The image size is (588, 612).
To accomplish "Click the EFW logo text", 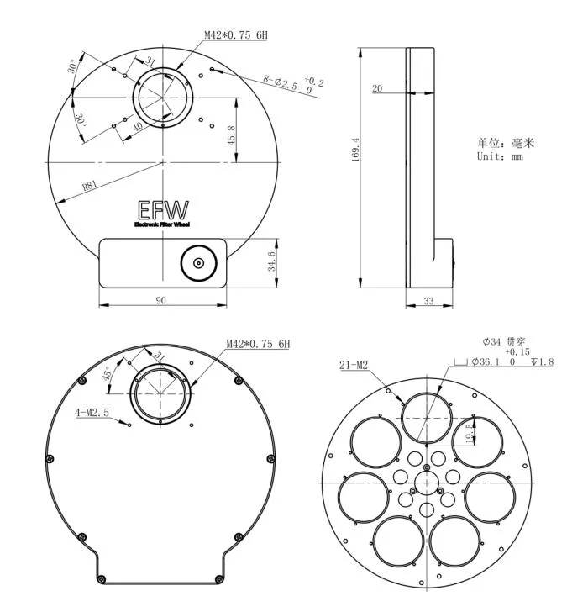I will pos(162,210).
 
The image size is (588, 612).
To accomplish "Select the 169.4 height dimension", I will pos(356,152).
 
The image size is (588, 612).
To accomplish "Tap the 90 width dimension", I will pos(161,300).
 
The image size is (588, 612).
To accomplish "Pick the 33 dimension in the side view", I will pos(428,301).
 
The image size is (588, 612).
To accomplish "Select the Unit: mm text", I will pos(501,156).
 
